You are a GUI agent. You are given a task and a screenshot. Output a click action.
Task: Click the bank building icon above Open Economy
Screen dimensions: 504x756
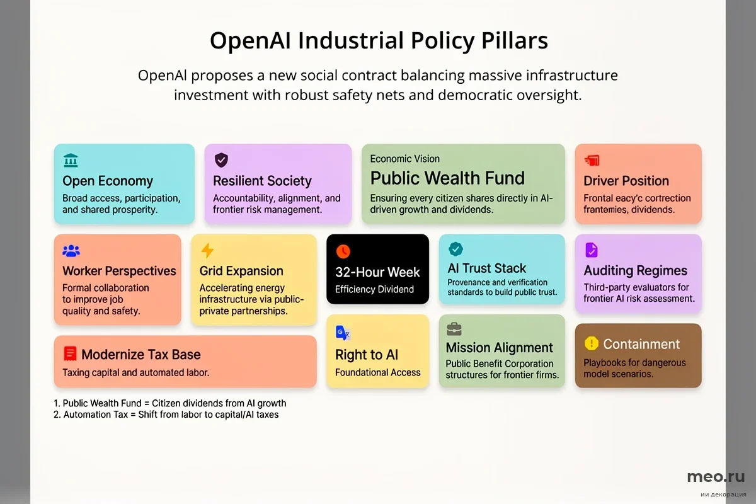(x=71, y=161)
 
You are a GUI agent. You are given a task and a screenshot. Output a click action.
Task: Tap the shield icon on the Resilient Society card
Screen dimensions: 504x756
(x=221, y=160)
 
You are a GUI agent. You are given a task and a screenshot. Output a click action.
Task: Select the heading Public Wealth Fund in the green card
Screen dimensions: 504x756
(x=447, y=178)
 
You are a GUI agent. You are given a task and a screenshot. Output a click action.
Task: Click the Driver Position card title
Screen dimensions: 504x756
(x=626, y=181)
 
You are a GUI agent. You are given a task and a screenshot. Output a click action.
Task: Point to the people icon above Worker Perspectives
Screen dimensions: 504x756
(x=71, y=251)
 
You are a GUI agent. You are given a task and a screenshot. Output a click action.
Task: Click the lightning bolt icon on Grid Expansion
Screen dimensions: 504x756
(x=207, y=251)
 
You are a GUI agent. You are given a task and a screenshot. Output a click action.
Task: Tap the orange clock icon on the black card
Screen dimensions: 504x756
(x=343, y=251)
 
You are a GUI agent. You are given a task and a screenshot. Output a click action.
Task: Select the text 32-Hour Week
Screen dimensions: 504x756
(x=377, y=273)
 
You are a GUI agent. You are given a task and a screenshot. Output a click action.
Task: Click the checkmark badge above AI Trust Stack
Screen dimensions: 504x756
(x=455, y=249)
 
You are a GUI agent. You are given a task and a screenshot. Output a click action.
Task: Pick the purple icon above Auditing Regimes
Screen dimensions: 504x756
(x=592, y=250)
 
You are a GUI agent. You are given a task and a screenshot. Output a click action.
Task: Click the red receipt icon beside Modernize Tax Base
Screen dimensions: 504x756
(x=70, y=354)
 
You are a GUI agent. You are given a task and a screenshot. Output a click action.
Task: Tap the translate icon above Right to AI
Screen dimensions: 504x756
(x=343, y=333)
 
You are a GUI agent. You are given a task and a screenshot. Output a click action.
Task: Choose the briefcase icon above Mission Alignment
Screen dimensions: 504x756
(x=454, y=329)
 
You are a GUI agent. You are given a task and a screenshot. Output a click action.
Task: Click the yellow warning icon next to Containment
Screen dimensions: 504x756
(x=591, y=343)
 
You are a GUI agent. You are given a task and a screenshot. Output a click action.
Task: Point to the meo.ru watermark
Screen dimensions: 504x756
(x=716, y=477)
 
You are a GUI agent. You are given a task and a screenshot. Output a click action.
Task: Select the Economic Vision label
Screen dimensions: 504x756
(x=405, y=159)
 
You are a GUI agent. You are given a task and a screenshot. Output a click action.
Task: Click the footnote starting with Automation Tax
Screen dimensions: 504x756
(x=171, y=415)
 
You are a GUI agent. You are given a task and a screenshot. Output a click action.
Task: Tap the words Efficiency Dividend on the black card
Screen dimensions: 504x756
(x=374, y=290)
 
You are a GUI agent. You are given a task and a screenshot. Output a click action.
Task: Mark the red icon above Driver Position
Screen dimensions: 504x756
(x=592, y=161)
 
